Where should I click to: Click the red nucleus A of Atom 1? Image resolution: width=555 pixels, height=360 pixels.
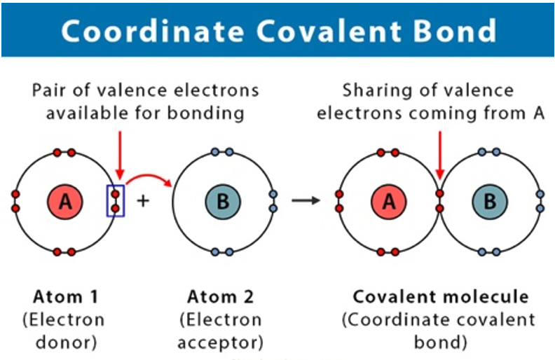[65, 202]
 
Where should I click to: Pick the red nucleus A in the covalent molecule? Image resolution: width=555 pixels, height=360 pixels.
[389, 202]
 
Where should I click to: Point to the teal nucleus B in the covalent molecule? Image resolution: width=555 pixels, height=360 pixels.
[490, 202]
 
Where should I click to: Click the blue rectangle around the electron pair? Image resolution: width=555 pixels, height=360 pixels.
[115, 200]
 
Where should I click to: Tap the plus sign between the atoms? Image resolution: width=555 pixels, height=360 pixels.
[143, 201]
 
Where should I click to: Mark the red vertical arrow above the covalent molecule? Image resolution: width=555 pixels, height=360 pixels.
[439, 154]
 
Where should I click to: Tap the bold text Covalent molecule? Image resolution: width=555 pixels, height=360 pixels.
[441, 296]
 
